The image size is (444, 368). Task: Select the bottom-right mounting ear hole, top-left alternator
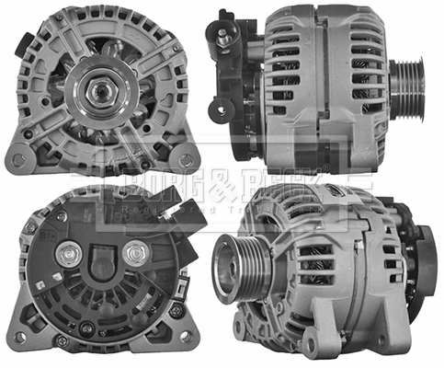pos(187,160)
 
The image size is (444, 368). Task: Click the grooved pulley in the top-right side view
pos(406,89)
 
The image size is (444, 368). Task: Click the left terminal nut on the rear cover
pos(67,252)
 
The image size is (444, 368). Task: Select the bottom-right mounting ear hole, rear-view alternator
pos(188,338)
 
